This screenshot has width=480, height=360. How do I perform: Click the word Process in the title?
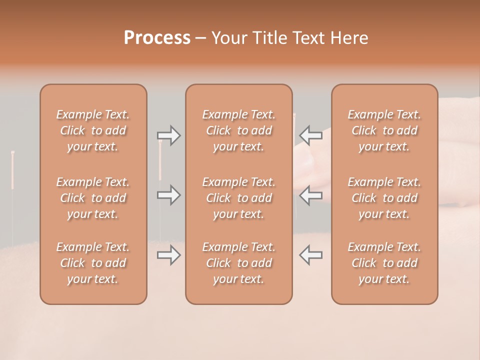157,38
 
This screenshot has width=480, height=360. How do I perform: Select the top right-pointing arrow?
168,135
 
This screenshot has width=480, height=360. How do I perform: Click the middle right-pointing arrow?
168,194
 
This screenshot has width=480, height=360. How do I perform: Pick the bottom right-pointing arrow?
168,255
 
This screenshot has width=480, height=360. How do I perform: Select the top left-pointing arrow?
311,135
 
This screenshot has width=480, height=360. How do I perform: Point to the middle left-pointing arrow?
311,194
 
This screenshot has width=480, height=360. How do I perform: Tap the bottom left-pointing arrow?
311,254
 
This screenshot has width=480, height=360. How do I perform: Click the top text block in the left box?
93,130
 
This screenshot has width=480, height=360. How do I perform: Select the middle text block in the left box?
93,198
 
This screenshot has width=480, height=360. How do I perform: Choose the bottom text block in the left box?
93,263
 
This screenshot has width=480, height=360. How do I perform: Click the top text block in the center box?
239,130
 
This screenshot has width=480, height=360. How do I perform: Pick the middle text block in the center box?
239,198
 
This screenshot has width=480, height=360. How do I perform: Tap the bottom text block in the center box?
239,263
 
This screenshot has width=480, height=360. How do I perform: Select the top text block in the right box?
384,130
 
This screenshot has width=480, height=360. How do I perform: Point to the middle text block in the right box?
384,198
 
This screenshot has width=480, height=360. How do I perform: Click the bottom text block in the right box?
384,263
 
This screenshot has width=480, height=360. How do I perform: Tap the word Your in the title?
228,38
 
